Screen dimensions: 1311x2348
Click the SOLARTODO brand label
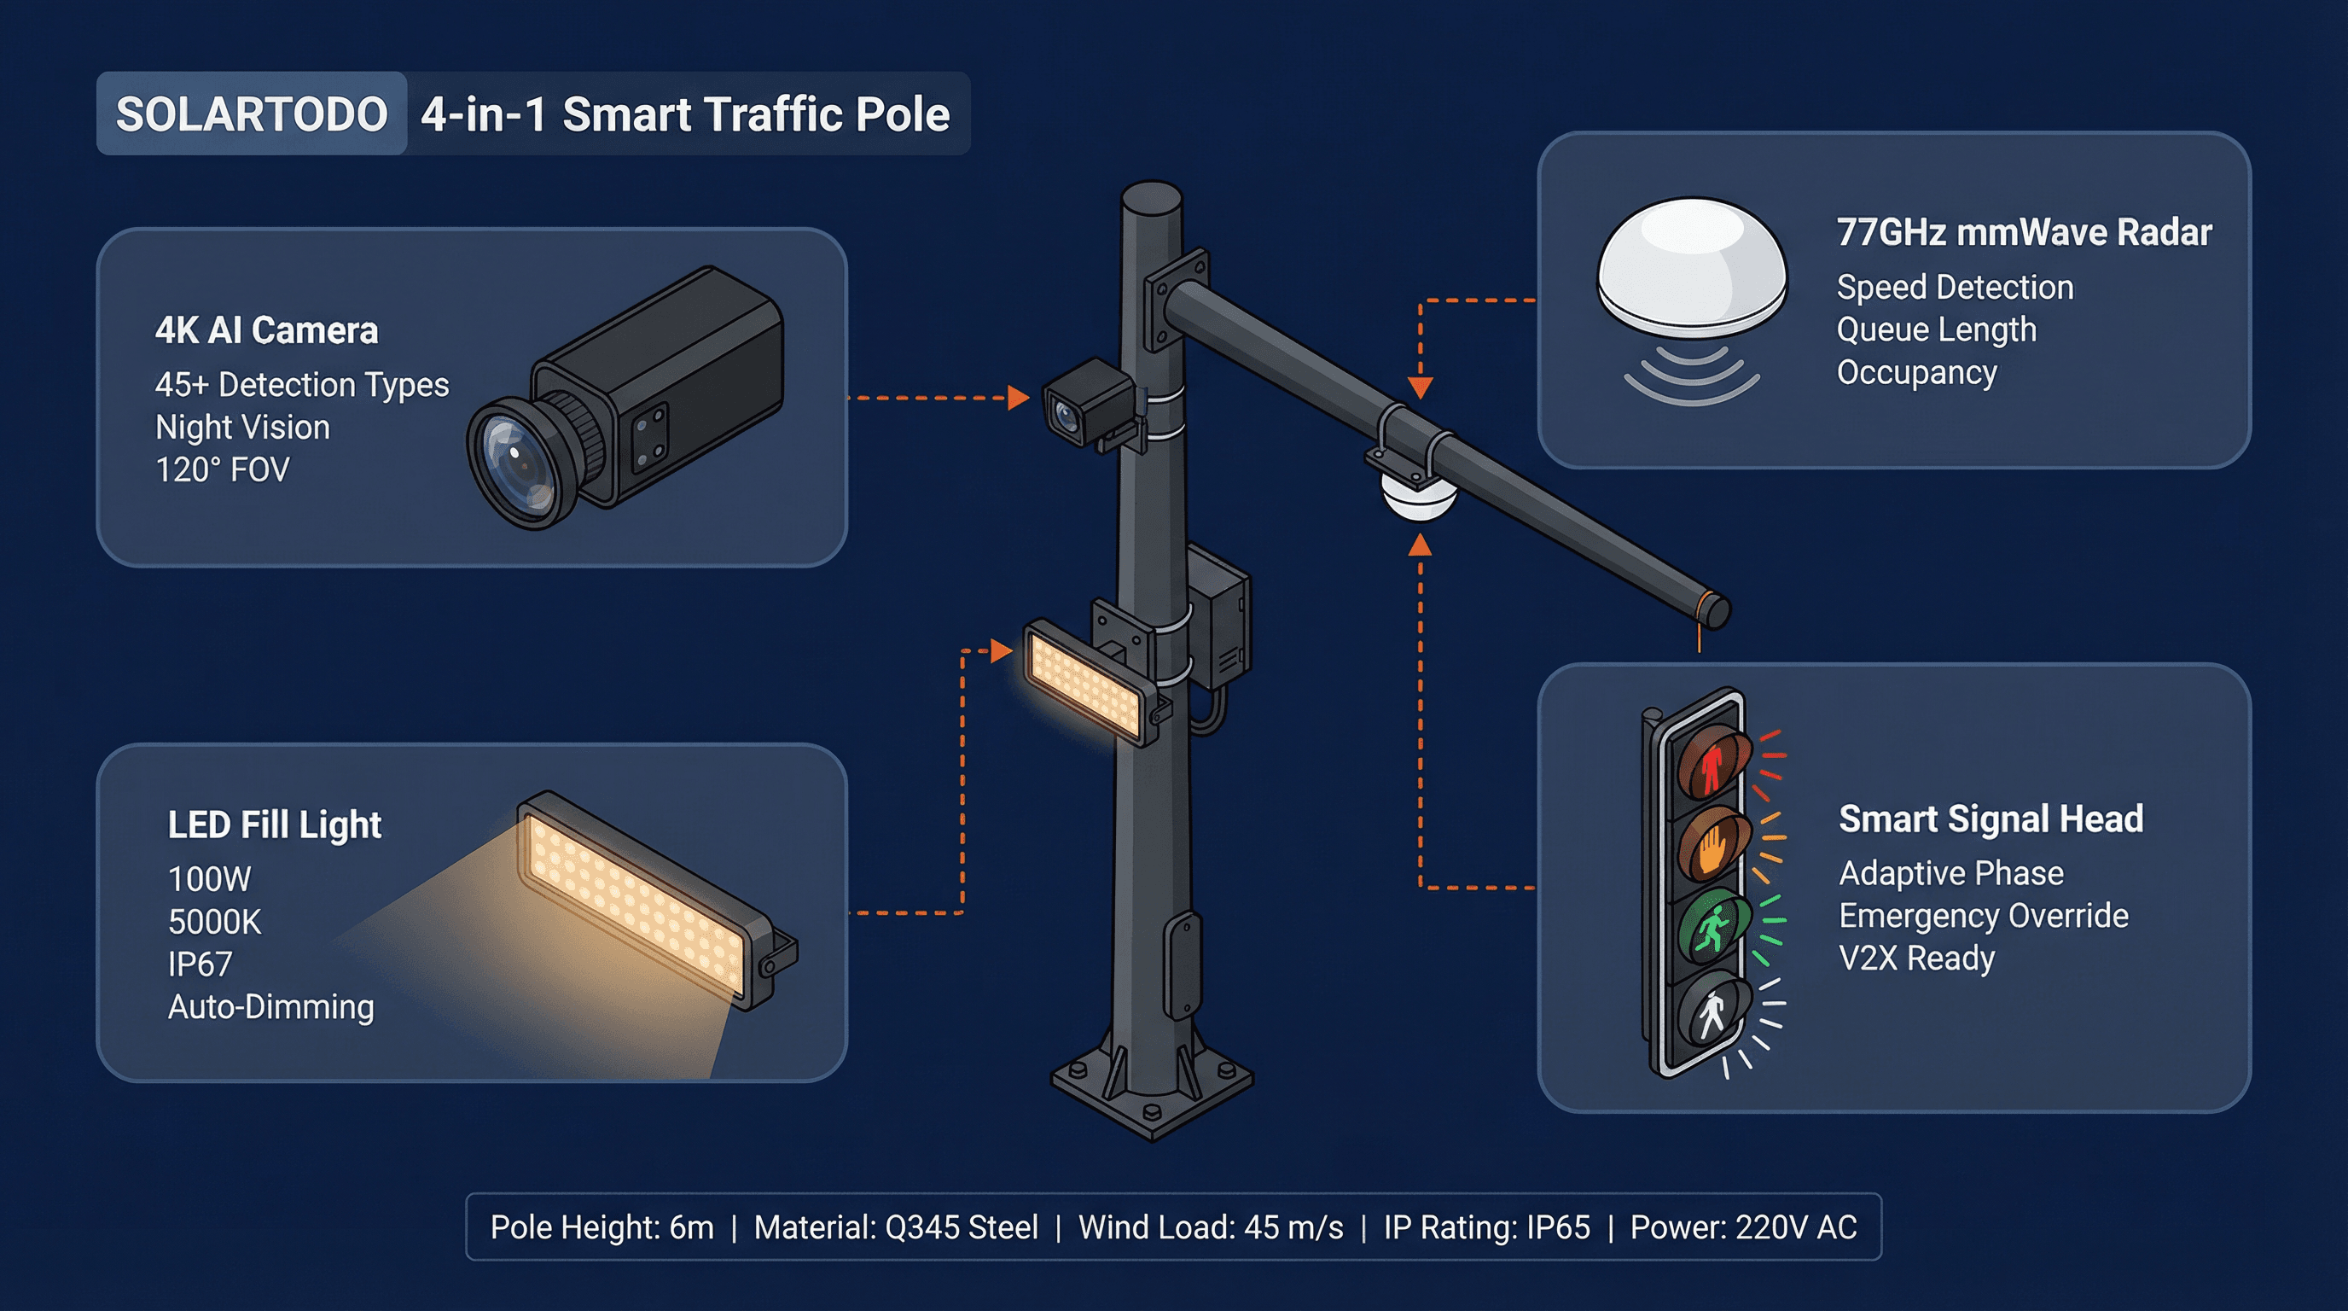pyautogui.click(x=252, y=114)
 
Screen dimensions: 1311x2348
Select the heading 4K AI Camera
pyautogui.click(x=266, y=330)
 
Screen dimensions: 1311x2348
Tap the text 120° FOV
pyautogui.click(x=223, y=469)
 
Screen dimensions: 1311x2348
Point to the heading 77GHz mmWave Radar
pyautogui.click(x=2024, y=232)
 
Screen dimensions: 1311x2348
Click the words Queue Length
pyautogui.click(x=1936, y=329)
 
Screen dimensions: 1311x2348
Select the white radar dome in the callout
pyautogui.click(x=1692, y=265)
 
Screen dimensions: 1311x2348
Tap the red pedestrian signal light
pyautogui.click(x=1712, y=764)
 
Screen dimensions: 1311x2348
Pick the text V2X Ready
pyautogui.click(x=1916, y=958)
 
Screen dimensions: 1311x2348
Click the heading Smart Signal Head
pyautogui.click(x=1991, y=819)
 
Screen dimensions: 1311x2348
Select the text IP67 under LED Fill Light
pyautogui.click(x=200, y=964)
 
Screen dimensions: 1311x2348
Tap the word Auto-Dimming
pyautogui.click(x=270, y=1006)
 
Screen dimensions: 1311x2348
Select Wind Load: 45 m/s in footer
pyautogui.click(x=1211, y=1227)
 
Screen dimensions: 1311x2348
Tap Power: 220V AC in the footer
pyautogui.click(x=1743, y=1227)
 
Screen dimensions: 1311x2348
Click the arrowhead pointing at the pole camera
pyautogui.click(x=1019, y=398)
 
